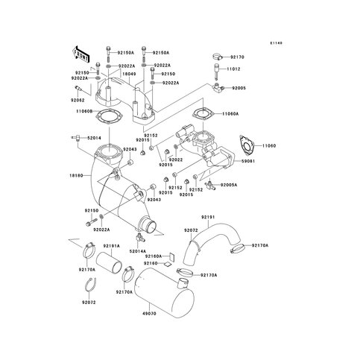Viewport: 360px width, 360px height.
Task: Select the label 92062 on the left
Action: [80, 98]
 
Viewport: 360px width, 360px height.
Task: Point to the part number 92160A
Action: [154, 256]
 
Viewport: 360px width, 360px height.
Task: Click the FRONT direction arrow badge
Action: [81, 54]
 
